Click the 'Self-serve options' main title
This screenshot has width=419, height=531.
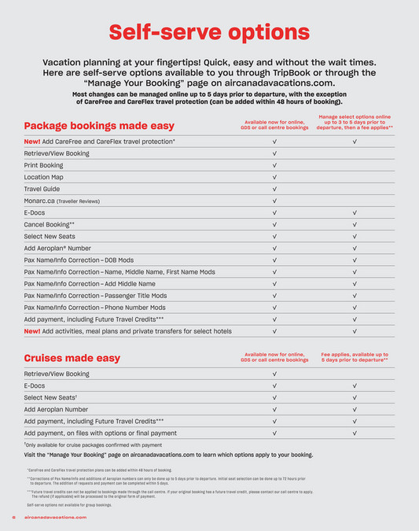point(209,32)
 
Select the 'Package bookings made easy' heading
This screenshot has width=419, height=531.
point(99,126)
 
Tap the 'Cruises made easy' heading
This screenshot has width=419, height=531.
point(72,358)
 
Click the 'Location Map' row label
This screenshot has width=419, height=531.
point(43,177)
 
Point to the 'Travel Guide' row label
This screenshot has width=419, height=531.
point(42,189)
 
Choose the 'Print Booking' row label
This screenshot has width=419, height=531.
point(43,165)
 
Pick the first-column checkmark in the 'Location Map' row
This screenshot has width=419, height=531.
point(274,177)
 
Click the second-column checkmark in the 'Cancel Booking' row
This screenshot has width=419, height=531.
point(355,224)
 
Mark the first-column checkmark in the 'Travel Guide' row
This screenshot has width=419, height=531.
point(274,189)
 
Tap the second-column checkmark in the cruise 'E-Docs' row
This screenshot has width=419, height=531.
point(355,385)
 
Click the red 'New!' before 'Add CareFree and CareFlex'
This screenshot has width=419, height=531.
point(32,142)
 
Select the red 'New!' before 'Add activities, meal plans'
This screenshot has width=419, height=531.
point(32,331)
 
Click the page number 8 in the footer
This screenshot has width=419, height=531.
point(13,517)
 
